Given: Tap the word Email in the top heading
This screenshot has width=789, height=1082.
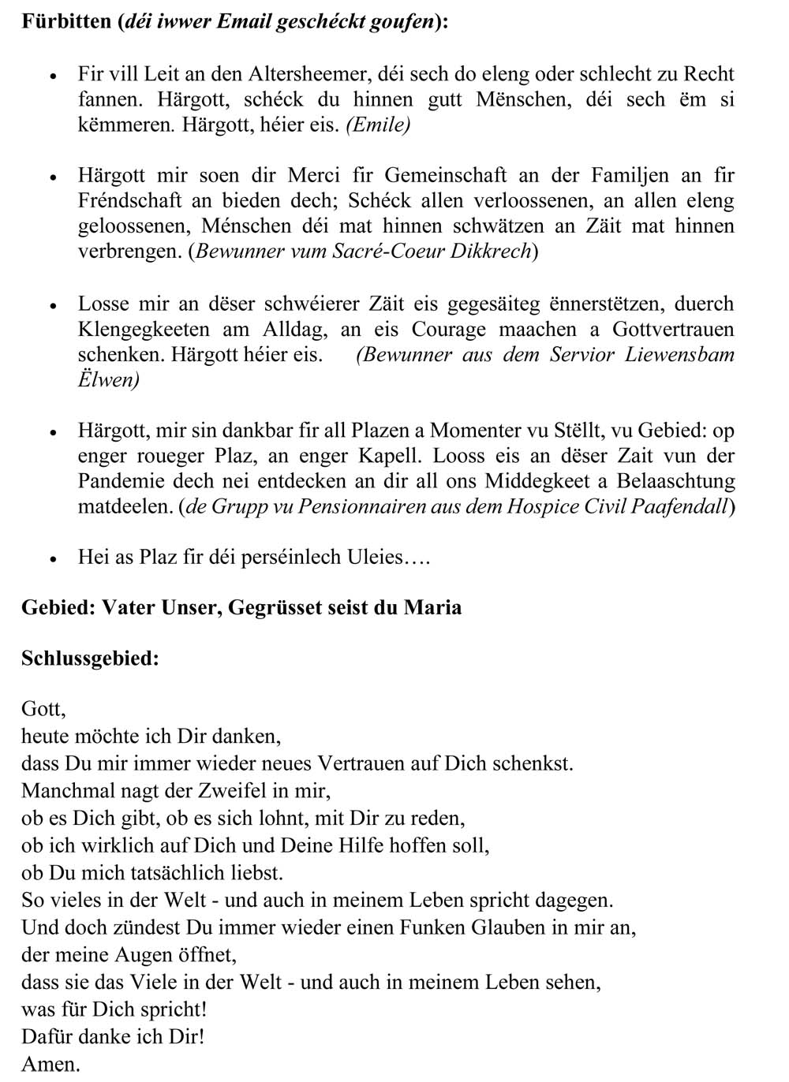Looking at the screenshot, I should point(240,21).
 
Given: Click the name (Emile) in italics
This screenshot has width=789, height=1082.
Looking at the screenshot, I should point(378,125).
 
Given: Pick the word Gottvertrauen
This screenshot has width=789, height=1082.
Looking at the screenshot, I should point(673,329).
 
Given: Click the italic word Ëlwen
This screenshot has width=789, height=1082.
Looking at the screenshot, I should point(107,379).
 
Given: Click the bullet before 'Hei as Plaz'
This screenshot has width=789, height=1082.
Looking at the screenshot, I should point(53,558).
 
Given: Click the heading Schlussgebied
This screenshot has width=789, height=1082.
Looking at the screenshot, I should point(90,659).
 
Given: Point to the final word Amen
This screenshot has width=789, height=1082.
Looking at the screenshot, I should point(50,1065).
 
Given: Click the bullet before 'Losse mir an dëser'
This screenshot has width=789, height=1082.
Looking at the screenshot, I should point(53,305).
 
